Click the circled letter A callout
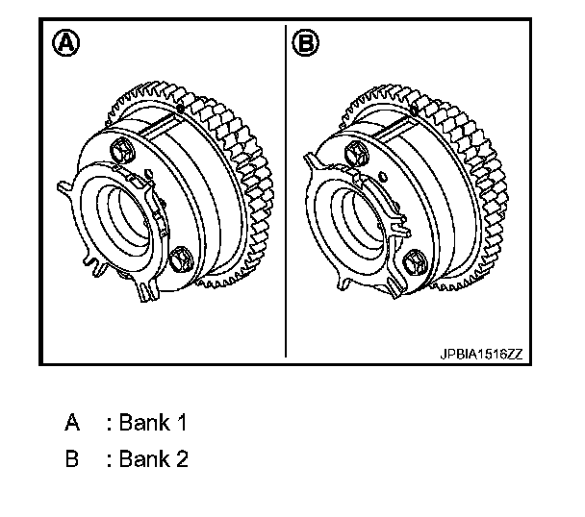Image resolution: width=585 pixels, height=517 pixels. (x=66, y=43)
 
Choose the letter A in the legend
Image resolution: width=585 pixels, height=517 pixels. (x=72, y=423)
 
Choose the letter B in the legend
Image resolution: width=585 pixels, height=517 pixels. (x=72, y=459)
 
